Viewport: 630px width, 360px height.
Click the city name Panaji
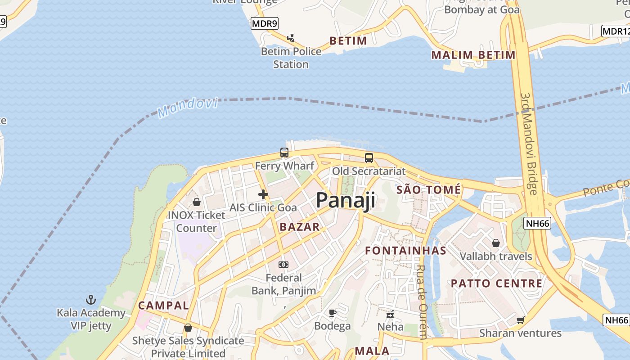pos(345,200)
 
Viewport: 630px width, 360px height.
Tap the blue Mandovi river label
pos(188,108)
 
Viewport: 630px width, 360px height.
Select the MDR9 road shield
pos(265,24)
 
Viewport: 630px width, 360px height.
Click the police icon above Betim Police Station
pos(291,38)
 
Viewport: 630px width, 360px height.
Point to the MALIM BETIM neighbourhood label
pos(473,55)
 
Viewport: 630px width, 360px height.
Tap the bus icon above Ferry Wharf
pos(284,153)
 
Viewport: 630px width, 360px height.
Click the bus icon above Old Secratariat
pos(369,158)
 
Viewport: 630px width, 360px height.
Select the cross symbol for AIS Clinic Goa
pos(263,194)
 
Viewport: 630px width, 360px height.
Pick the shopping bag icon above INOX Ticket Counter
pos(196,202)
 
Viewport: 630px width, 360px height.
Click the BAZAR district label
pos(299,227)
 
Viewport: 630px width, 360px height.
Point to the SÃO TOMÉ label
pos(428,190)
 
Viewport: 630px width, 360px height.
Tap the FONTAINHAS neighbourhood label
pos(405,251)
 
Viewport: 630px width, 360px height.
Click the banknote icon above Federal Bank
pos(283,265)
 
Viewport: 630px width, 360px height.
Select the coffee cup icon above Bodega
pos(333,313)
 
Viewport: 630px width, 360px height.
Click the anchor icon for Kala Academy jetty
pos(91,299)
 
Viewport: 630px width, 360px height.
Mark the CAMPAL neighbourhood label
pos(163,306)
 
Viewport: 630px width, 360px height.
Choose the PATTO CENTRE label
pos(496,283)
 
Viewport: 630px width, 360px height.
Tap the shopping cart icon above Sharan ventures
pos(521,320)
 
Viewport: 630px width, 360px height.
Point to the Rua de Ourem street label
pos(422,301)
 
